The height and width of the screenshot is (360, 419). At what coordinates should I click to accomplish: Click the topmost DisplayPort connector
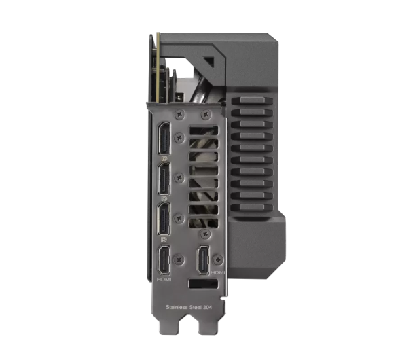tap(164, 139)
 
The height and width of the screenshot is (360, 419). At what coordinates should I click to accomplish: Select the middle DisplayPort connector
tap(164, 179)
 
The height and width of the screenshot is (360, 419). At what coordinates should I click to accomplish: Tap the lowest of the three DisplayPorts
tap(164, 218)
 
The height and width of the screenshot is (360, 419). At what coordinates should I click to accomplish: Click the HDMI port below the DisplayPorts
tap(164, 260)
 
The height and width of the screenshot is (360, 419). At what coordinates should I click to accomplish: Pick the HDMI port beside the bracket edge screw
tap(203, 260)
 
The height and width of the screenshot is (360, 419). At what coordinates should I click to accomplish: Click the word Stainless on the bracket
tap(177, 307)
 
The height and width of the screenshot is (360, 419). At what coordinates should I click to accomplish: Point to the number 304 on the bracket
tap(207, 307)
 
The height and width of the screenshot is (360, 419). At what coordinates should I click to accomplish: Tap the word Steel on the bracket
tap(196, 307)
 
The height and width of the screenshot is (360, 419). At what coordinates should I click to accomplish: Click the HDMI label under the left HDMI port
tap(164, 280)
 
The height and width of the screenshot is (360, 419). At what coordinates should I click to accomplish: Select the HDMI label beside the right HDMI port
tap(218, 272)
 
